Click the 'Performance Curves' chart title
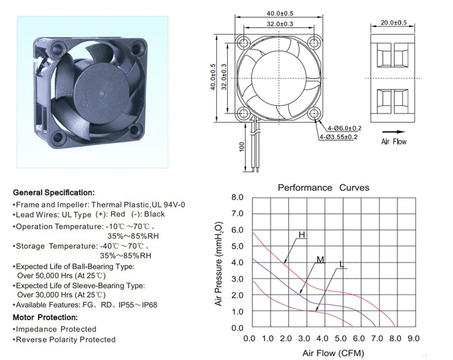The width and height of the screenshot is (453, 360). click(323, 187)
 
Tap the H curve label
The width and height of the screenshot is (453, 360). click(301, 234)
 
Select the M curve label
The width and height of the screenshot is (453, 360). click(320, 260)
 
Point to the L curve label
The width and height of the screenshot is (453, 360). click(342, 265)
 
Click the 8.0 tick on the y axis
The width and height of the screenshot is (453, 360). click(237, 198)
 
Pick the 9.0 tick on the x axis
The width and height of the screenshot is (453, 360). click(413, 338)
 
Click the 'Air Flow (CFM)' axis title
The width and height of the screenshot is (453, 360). click(333, 353)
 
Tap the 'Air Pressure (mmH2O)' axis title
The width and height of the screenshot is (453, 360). click(219, 264)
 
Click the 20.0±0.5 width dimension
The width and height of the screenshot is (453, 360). click(393, 22)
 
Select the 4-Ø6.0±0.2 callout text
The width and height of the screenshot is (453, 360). click(344, 128)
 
